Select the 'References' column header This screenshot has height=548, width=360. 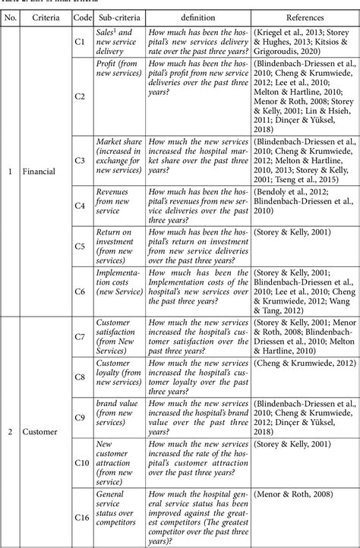click(x=305, y=15)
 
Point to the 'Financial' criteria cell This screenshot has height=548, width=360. click(x=40, y=172)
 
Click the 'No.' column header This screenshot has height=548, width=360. click(x=11, y=15)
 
